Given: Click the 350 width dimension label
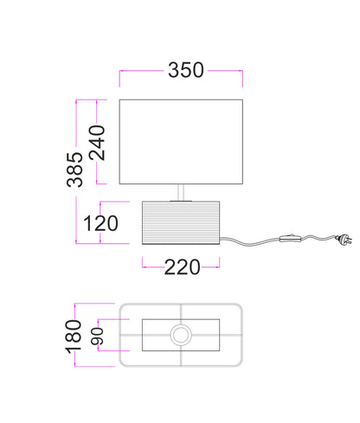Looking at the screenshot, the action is pyautogui.click(x=186, y=70).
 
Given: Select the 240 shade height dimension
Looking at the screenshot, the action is pyautogui.click(x=97, y=143).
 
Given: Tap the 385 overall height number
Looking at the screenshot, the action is pyautogui.click(x=74, y=170).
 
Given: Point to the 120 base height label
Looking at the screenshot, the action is pyautogui.click(x=100, y=223).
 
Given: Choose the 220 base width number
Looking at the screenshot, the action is pyautogui.click(x=182, y=267).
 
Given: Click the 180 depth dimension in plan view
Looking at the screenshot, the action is pyautogui.click(x=74, y=336).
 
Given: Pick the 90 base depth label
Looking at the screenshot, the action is pyautogui.click(x=97, y=336).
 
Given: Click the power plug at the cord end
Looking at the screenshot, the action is pyautogui.click(x=344, y=240).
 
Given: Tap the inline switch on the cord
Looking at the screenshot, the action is pyautogui.click(x=291, y=238).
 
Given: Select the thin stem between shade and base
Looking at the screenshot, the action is pyautogui.click(x=181, y=192).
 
